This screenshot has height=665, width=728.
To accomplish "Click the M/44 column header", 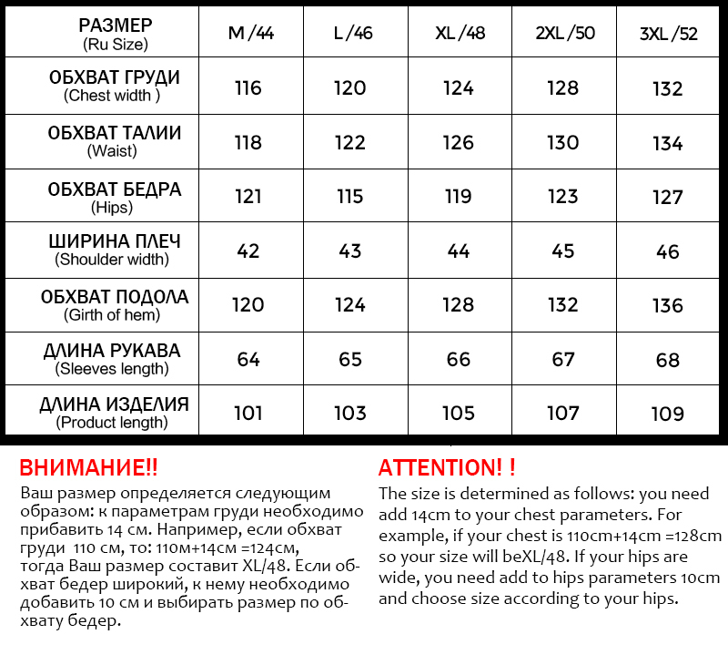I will [x=250, y=34].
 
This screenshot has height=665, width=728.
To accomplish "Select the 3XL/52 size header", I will [x=668, y=35].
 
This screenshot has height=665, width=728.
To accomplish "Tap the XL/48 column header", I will [x=460, y=34].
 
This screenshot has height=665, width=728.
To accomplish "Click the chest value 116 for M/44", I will [x=248, y=88].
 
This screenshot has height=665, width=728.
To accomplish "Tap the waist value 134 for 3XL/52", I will [x=668, y=144].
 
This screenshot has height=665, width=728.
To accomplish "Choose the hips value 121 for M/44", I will [x=248, y=197].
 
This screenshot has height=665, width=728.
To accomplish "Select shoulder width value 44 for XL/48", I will [x=459, y=251].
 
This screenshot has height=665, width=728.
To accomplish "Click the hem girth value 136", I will [x=668, y=306].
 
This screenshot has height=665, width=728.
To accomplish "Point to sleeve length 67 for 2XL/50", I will [x=563, y=359].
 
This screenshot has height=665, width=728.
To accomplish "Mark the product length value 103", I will [x=350, y=414].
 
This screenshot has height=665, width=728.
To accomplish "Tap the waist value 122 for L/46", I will [x=350, y=143].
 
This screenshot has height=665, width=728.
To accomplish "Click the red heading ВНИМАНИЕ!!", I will [x=88, y=468].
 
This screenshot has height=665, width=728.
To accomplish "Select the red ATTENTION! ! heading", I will [x=447, y=468].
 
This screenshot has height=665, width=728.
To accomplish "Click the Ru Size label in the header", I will [x=115, y=44].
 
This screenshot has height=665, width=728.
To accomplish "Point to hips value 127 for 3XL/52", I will [x=668, y=198].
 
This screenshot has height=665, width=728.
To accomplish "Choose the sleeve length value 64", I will [x=248, y=359].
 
